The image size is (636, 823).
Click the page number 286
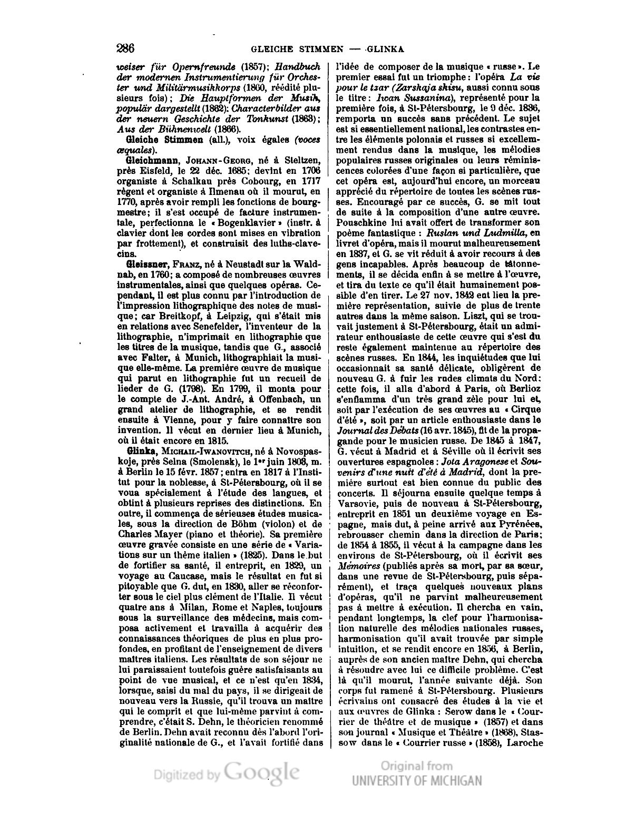[125, 49]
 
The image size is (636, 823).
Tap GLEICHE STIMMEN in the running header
[297, 50]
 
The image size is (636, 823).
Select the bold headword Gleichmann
[149, 159]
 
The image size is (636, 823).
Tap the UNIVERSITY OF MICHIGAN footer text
[417, 780]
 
